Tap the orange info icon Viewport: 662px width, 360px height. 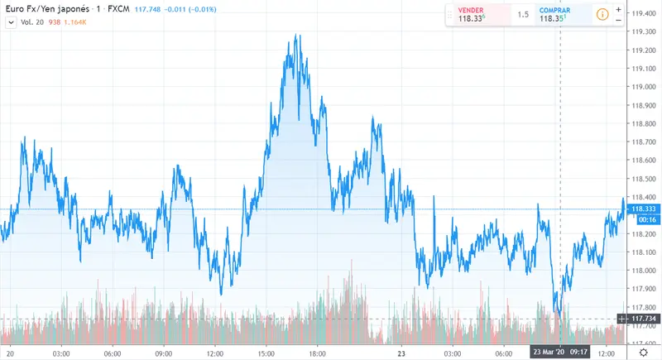[602, 15]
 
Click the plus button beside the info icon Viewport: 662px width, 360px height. [618, 8]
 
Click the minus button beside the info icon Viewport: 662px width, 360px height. [618, 21]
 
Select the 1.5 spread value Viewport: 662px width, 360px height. [523, 15]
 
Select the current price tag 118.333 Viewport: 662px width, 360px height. [643, 209]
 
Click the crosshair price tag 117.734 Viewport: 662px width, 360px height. [643, 319]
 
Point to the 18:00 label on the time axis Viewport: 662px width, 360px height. [317, 352]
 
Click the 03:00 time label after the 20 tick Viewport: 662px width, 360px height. [60, 352]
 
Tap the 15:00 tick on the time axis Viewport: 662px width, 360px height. [266, 352]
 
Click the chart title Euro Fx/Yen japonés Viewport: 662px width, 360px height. [41, 8]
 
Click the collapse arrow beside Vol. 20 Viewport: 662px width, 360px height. [11, 22]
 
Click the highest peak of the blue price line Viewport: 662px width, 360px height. [295, 36]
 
